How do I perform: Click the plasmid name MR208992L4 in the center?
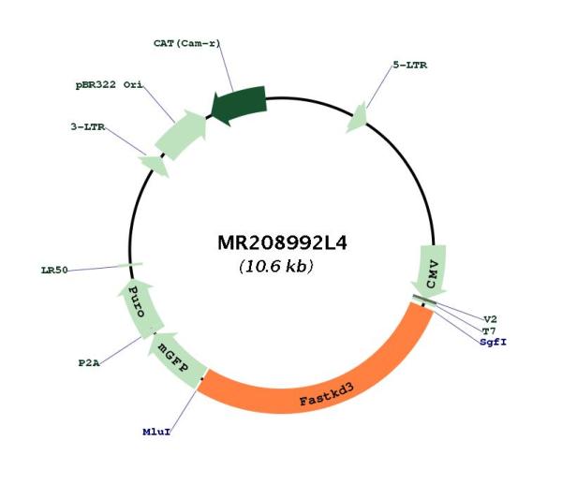point(282,243)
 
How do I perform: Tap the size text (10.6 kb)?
point(276,266)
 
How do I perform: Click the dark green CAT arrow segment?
point(239,105)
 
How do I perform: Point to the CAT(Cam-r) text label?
point(186,43)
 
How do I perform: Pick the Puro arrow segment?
point(140,309)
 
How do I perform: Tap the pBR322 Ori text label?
point(109,85)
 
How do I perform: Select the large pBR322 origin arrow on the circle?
point(181,135)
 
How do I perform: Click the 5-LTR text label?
point(410,66)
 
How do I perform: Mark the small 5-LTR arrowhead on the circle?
point(357,118)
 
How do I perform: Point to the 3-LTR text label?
point(88,126)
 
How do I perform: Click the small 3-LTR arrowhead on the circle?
point(155,165)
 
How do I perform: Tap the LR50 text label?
point(54,271)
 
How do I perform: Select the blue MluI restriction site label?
point(156,432)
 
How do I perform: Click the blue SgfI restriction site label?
point(494,342)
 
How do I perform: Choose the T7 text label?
point(489,330)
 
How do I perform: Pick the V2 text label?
point(490,319)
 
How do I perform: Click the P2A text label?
point(89,363)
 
